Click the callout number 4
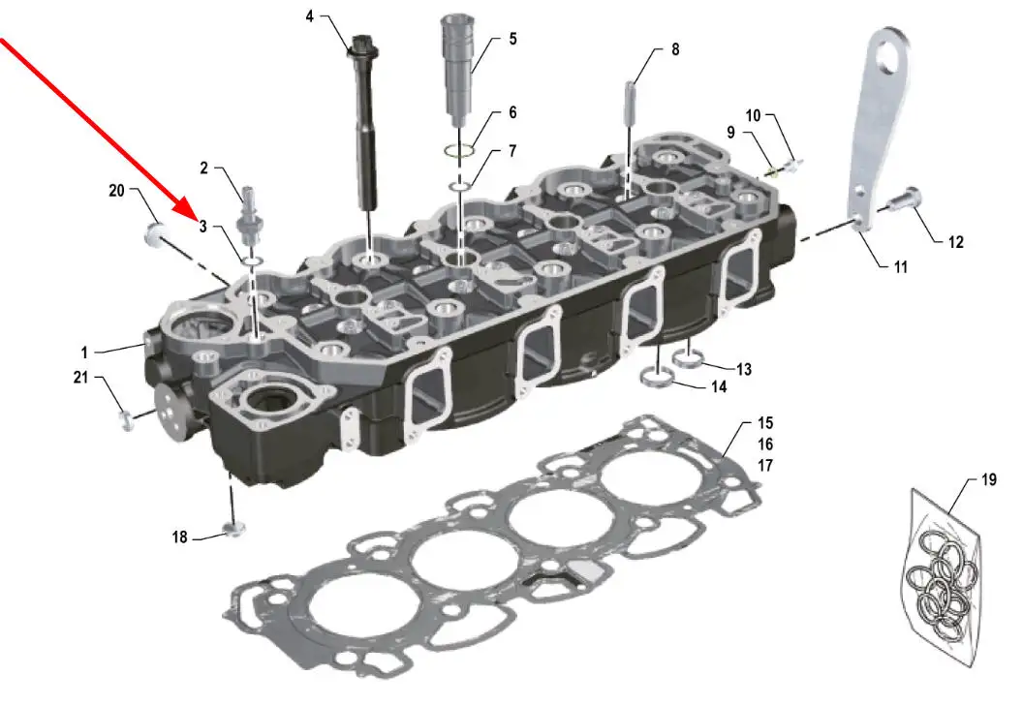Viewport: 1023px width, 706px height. (310, 15)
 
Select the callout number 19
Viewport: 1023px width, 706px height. (989, 479)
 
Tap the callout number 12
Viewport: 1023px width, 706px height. (956, 242)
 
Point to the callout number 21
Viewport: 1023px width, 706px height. (80, 377)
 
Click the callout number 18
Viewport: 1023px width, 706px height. (179, 537)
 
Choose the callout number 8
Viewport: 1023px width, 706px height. (675, 49)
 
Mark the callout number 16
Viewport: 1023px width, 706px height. (765, 445)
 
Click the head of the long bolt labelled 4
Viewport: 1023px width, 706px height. (360, 47)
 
